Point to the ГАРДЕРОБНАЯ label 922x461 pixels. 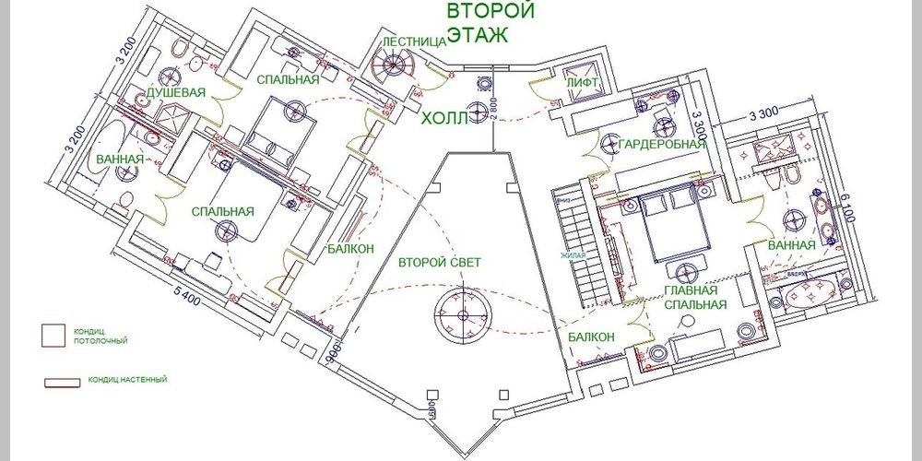(x=662, y=144)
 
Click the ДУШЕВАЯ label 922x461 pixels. (x=174, y=94)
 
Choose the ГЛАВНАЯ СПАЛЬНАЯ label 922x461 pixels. (x=695, y=297)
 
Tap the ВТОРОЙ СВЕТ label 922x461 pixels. (x=439, y=263)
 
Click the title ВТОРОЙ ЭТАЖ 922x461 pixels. (x=491, y=23)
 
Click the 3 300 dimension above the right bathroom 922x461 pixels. (x=764, y=113)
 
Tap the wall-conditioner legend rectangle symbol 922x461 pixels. (x=63, y=380)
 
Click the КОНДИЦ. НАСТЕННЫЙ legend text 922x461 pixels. (x=128, y=379)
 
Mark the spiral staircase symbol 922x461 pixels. (x=396, y=67)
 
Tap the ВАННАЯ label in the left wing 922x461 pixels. (x=119, y=160)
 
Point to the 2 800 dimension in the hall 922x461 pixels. (x=494, y=108)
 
